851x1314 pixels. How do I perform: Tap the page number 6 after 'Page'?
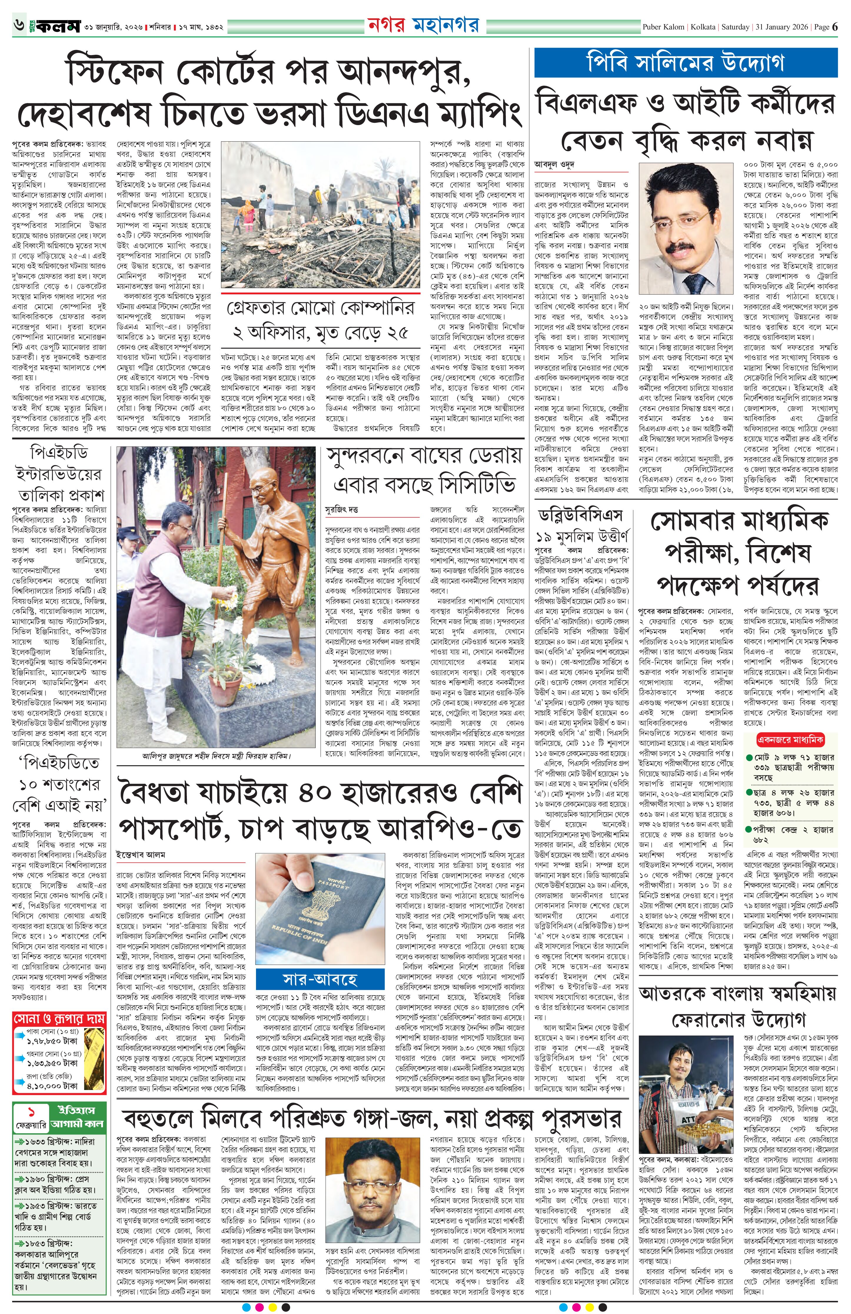[x=835, y=26]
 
